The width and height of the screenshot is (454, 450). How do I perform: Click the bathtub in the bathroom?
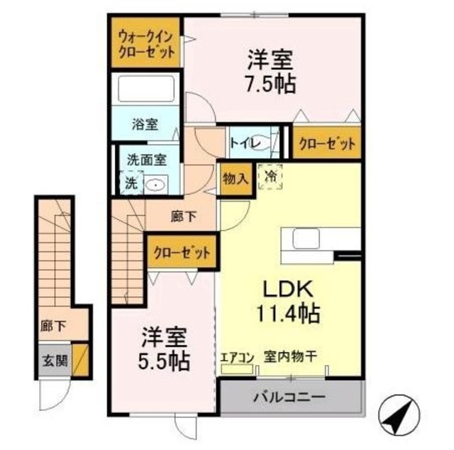(x=146, y=91)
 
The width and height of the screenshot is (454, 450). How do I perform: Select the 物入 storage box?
(x=235, y=178)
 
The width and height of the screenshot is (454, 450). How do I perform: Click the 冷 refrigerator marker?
(x=270, y=174)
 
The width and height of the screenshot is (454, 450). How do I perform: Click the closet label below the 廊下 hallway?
(x=182, y=253)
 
